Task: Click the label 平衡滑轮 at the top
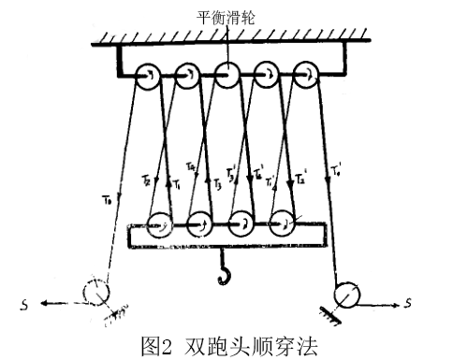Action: [226, 17]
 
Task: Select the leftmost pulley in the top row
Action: [148, 76]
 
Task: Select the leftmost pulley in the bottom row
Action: [159, 224]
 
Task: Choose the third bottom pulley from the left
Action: [241, 224]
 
